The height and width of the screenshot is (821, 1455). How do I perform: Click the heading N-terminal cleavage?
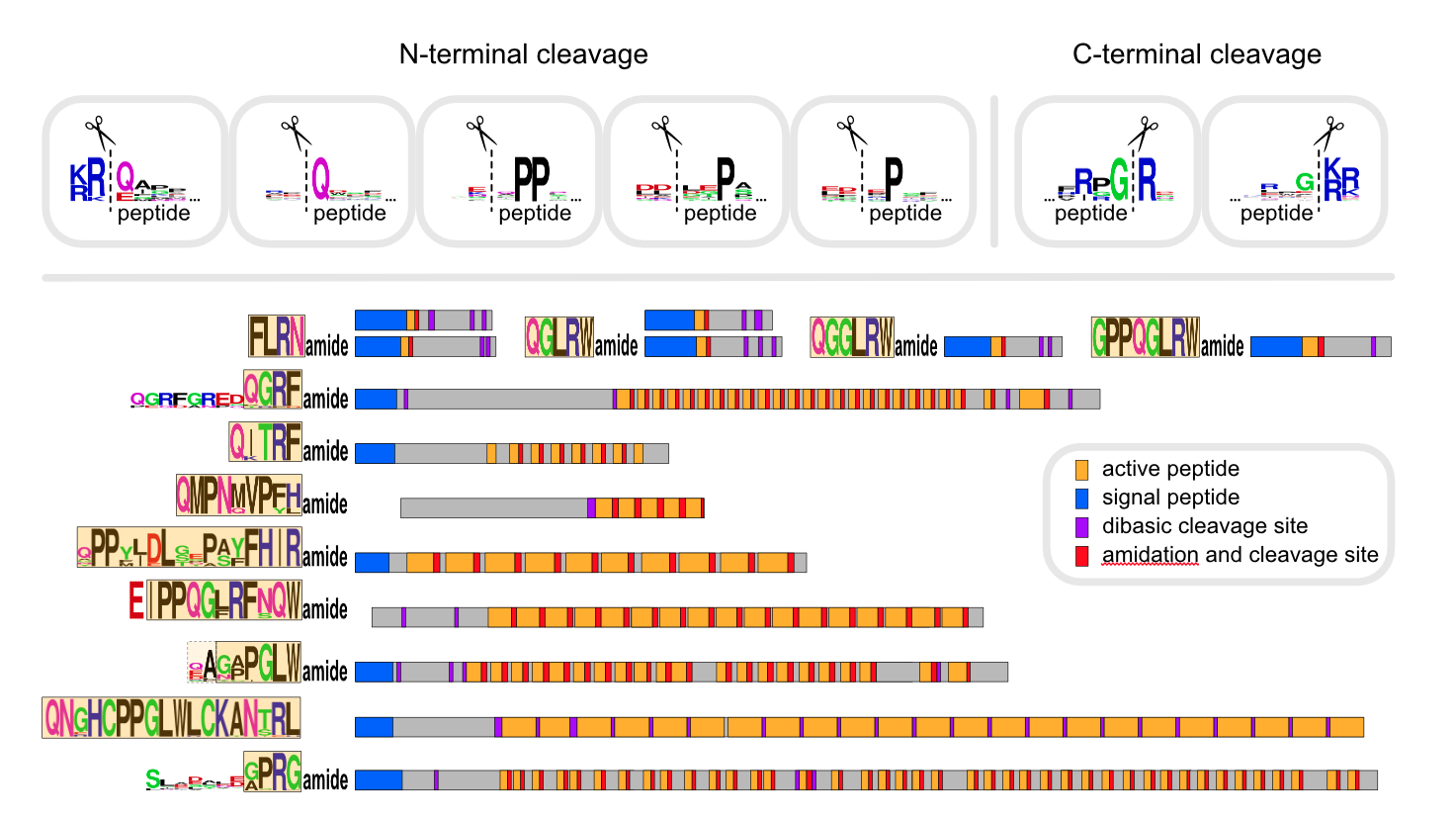click(523, 54)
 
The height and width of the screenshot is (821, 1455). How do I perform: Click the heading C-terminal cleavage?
click(1196, 54)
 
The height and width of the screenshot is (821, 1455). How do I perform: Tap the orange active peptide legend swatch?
click(1082, 469)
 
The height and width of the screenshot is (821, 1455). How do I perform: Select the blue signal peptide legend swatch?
click(1082, 498)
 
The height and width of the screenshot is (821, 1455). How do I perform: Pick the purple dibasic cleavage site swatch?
click(1082, 526)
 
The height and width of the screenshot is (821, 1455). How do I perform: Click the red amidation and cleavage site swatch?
click(1082, 555)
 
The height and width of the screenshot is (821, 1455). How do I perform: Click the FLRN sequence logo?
click(276, 336)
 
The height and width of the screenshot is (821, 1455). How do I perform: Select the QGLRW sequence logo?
click(559, 337)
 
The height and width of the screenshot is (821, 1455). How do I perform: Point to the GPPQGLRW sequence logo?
click(1145, 337)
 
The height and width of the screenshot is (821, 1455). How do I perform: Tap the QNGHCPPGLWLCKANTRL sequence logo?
click(171, 718)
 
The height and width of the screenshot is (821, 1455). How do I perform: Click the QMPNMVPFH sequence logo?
click(238, 495)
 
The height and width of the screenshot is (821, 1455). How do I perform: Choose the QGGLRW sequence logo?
click(851, 337)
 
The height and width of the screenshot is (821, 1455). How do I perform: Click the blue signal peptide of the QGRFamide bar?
click(376, 399)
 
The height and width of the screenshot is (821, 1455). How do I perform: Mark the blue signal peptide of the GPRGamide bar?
click(378, 779)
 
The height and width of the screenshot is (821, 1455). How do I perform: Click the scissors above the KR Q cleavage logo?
click(100, 131)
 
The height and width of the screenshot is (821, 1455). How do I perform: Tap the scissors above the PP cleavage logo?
click(481, 131)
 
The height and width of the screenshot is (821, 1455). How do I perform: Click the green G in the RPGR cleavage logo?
click(1119, 180)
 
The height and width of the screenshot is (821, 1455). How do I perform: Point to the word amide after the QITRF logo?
click(325, 451)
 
